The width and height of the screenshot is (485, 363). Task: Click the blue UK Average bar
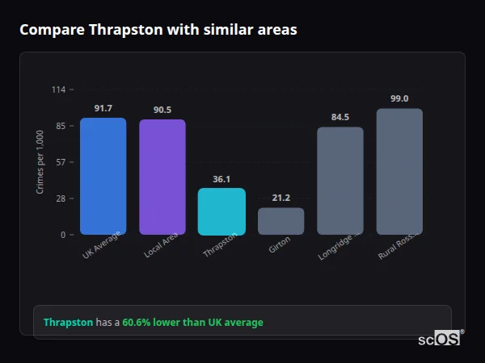coord(103,177)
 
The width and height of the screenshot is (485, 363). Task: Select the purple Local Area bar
coord(162,177)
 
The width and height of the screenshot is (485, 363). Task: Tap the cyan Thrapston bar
coord(221,211)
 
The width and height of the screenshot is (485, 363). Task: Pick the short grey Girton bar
coord(280,221)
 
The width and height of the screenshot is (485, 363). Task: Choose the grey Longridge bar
coord(340,181)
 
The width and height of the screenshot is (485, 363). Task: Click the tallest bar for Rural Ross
coord(399,172)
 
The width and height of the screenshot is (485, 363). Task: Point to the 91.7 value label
coord(103,108)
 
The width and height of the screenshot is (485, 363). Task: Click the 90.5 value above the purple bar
coord(162,110)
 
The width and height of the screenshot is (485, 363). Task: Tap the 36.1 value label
coord(221,179)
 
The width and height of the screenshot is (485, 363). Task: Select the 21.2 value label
coord(280,198)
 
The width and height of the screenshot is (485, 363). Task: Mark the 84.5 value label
coord(340,117)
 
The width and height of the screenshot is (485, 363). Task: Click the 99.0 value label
coord(399,98)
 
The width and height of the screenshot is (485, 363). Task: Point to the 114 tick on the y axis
coord(58,90)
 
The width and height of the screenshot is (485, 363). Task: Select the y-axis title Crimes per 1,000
coord(40,162)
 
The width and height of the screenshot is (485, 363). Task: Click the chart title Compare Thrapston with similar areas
coord(158,30)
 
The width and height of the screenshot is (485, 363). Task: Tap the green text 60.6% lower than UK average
coord(192,323)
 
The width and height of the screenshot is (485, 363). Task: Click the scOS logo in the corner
coord(440,339)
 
